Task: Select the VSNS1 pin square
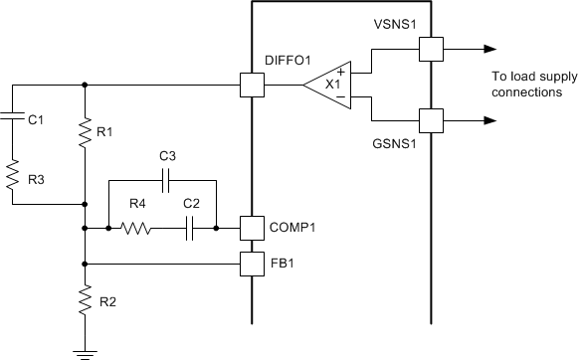[430, 49]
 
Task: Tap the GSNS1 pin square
[430, 121]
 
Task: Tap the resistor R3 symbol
[13, 177]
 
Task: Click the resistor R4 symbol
[135, 228]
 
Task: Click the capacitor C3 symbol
[166, 181]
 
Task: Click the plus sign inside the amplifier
[341, 72]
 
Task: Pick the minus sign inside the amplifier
[341, 98]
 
